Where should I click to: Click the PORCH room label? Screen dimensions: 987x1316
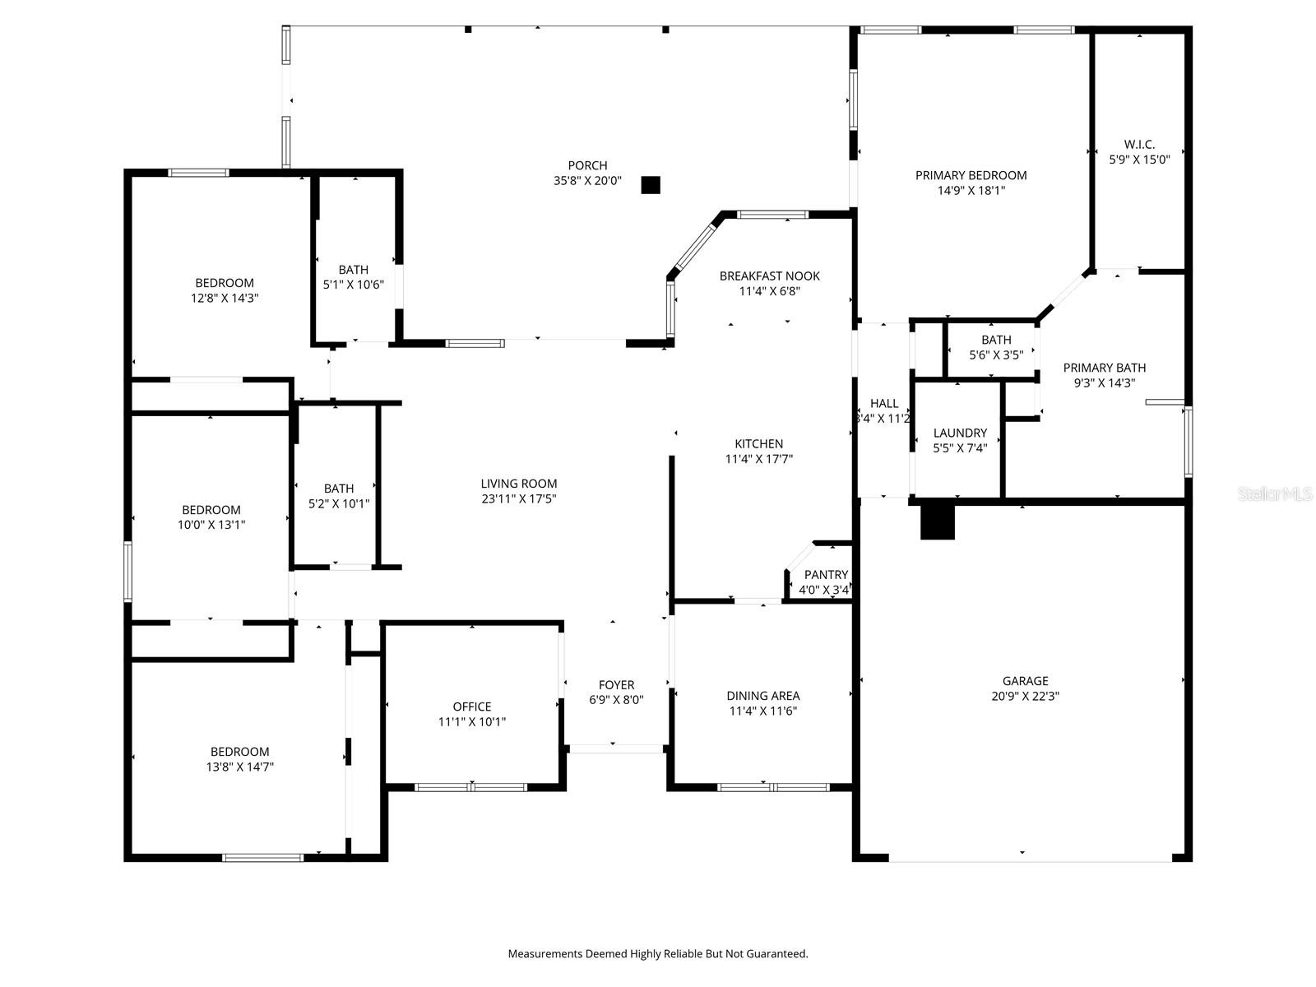[x=587, y=165]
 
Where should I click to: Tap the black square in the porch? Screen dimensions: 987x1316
[x=651, y=185]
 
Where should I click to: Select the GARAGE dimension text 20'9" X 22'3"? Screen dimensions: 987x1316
[x=1025, y=696]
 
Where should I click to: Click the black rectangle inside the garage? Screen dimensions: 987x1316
[x=937, y=521]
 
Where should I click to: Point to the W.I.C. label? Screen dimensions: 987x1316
[x=1139, y=145]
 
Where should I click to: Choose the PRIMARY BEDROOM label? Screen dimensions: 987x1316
[x=971, y=175]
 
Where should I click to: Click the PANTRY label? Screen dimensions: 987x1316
[x=826, y=575]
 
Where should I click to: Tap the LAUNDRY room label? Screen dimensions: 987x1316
[x=960, y=433]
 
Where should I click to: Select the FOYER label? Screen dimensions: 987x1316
[x=616, y=685]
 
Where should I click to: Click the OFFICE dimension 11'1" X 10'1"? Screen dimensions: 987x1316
[x=472, y=722]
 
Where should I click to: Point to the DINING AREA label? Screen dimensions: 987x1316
[x=762, y=696]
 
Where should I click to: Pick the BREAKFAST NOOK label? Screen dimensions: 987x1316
[x=769, y=276]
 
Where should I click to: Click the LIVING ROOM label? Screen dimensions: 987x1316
[x=519, y=484]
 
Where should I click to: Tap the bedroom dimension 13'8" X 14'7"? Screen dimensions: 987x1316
[x=239, y=767]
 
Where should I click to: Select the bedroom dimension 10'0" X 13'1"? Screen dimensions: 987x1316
[x=211, y=525]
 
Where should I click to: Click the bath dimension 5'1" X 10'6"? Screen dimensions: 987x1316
[x=353, y=285]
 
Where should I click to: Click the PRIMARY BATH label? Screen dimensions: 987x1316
[x=1104, y=368]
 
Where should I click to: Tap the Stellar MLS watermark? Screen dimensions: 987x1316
[x=1276, y=494]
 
